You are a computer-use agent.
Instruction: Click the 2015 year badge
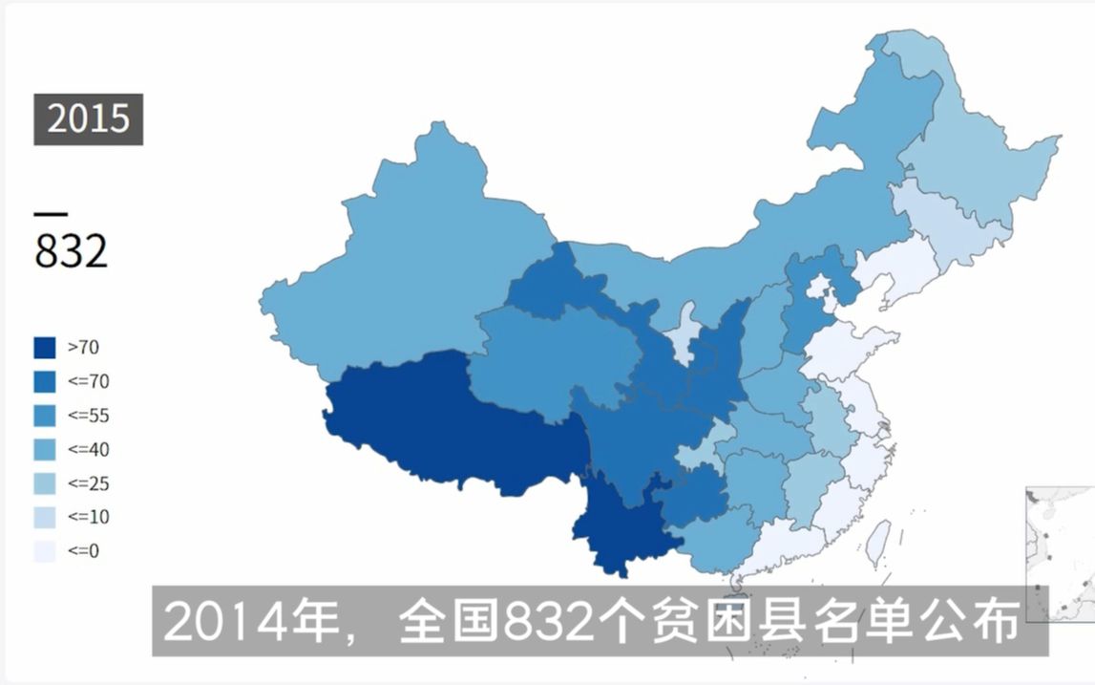(88, 118)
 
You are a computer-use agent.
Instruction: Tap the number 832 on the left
(72, 251)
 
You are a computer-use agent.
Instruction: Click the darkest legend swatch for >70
(44, 348)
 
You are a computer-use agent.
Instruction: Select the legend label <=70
(89, 382)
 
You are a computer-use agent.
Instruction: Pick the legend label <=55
(89, 416)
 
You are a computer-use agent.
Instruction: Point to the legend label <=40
(89, 449)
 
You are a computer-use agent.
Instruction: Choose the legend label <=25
(89, 483)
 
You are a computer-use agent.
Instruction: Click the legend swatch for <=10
(44, 517)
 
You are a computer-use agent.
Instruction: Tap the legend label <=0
(84, 551)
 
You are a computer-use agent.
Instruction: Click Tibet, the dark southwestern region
(449, 420)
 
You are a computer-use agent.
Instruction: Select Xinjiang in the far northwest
(411, 258)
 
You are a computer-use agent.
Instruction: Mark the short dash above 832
(51, 213)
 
